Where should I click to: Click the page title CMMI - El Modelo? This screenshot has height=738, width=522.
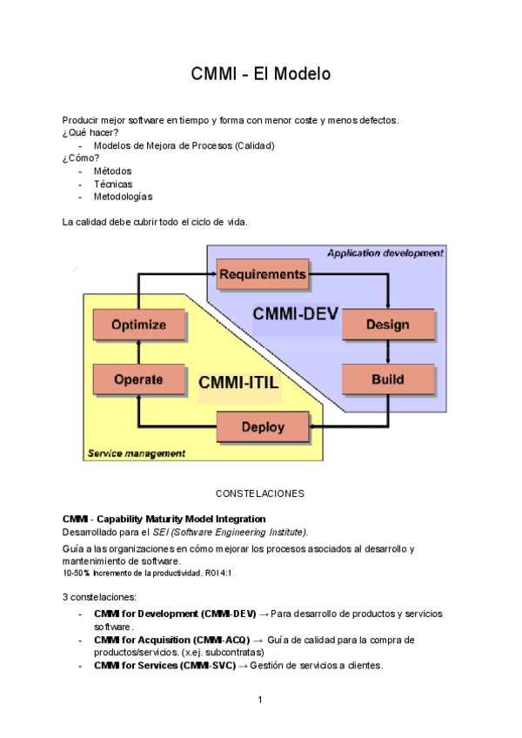tap(261, 74)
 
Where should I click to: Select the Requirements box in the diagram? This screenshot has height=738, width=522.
tap(262, 275)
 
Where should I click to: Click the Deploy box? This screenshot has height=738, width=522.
tap(262, 427)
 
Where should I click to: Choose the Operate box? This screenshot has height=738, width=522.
tap(138, 379)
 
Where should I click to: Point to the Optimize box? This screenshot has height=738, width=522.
tap(138, 325)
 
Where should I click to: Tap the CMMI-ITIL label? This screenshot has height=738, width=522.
tap(238, 383)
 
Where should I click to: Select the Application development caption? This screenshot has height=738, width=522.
tap(385, 253)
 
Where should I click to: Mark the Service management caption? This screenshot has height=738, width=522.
tap(137, 453)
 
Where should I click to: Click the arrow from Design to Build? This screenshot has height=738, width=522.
tap(387, 352)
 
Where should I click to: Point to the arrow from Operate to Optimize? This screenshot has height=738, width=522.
tap(138, 352)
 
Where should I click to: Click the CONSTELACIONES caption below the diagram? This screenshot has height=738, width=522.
tap(260, 493)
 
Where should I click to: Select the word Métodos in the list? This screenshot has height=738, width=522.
tap(112, 171)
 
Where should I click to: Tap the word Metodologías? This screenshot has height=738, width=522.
tap(123, 197)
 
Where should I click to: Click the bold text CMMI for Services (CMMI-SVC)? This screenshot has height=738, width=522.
tap(164, 666)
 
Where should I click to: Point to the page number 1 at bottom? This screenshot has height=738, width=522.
tap(260, 700)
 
